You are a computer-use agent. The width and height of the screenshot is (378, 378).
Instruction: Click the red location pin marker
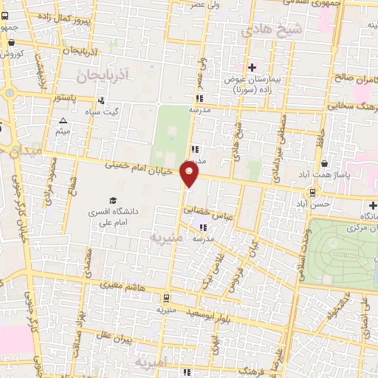coord(190,175)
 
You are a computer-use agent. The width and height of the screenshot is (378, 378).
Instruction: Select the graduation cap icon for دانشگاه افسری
coord(113,200)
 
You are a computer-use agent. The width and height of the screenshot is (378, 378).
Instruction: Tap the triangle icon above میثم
coord(63,121)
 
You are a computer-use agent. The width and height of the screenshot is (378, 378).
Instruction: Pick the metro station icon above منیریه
coord(168,299)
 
